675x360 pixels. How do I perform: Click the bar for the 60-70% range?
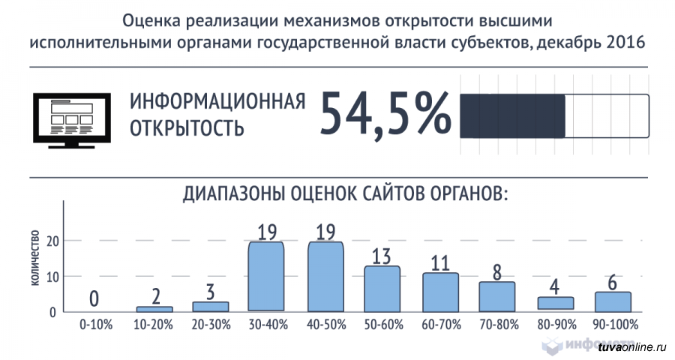click(x=440, y=292)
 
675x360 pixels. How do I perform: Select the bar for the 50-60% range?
click(x=382, y=289)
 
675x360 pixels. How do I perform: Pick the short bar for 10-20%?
click(x=154, y=308)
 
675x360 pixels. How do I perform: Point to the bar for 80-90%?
click(x=555, y=303)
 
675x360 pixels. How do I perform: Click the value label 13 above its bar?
click(x=382, y=256)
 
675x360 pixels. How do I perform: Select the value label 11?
click(x=440, y=262)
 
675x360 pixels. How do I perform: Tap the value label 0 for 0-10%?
click(x=94, y=299)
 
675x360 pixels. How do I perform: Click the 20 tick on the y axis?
click(x=52, y=241)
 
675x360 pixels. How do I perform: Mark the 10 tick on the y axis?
click(x=52, y=277)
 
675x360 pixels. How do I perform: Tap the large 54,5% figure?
click(x=385, y=114)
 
